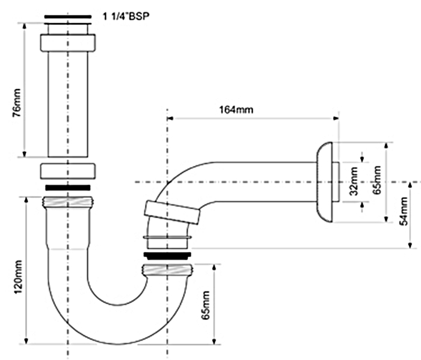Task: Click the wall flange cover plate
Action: [325, 182]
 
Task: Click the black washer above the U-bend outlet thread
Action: [167, 255]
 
